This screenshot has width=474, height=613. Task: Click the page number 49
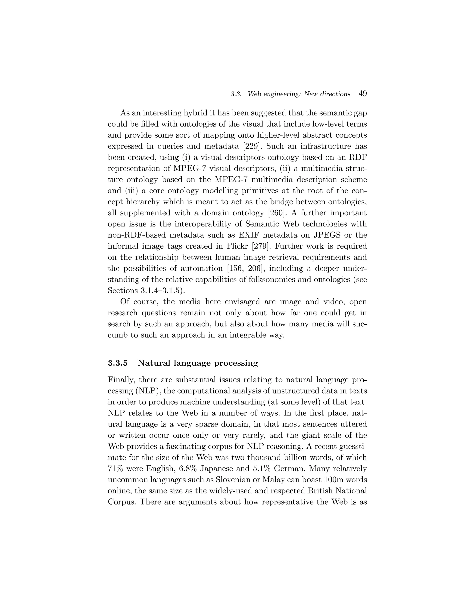click(x=362, y=94)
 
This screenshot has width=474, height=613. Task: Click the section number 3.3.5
click(x=118, y=363)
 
